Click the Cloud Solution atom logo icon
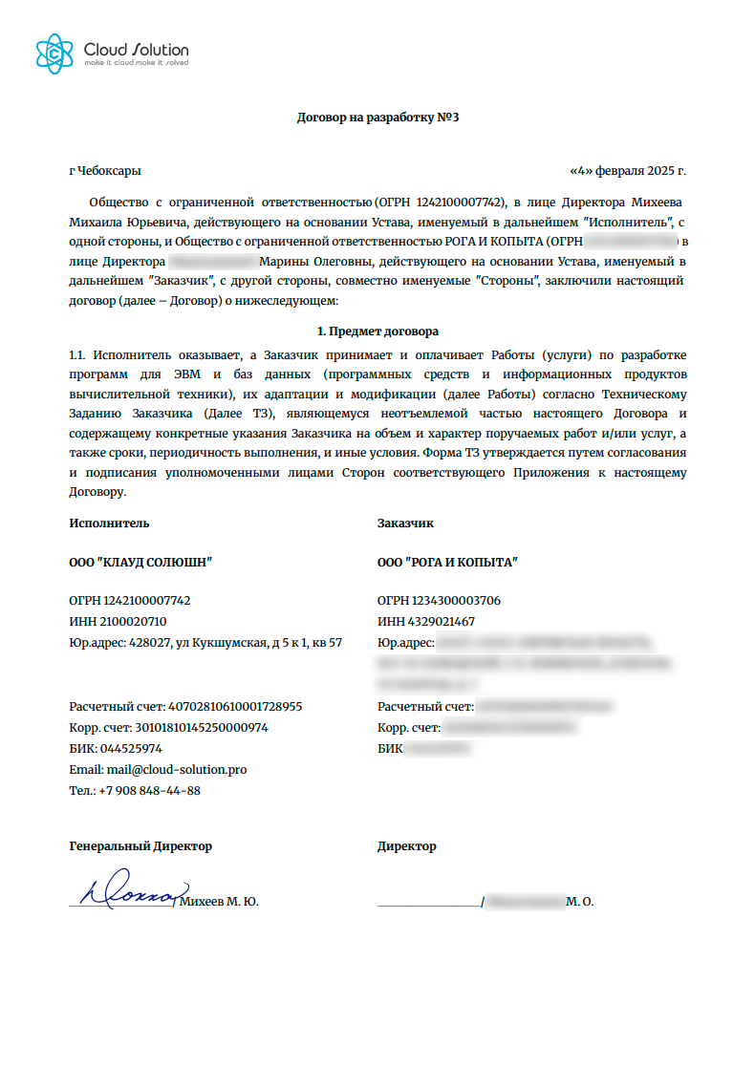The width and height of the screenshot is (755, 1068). point(54,53)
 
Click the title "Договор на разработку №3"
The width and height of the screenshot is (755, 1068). point(378,117)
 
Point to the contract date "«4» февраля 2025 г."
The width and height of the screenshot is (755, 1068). point(628,171)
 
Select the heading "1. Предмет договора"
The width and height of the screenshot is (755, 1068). point(377,331)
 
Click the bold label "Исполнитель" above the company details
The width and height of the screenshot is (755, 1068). point(109,523)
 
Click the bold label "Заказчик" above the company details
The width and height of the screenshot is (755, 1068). point(405,523)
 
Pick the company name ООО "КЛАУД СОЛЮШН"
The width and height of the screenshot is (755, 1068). point(140,563)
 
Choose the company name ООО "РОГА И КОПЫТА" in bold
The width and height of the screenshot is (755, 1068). point(447,563)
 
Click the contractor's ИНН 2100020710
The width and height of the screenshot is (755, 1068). point(131,621)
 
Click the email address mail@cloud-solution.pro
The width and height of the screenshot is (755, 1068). point(172,769)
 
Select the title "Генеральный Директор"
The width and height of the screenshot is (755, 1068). point(140,845)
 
